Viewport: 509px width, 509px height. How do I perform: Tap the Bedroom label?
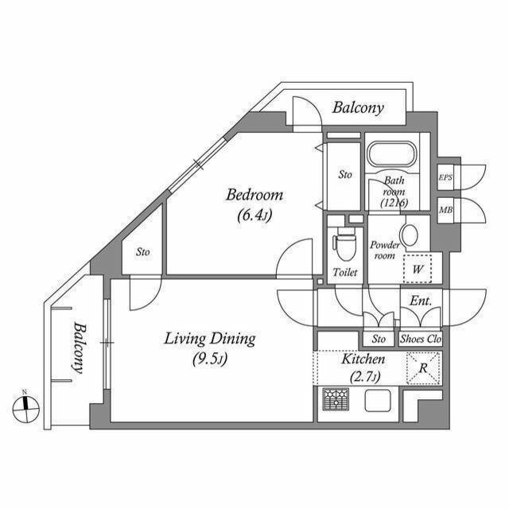[x=254, y=195]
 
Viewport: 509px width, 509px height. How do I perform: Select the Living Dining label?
[x=210, y=340]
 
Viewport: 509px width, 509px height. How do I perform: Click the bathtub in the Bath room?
[x=393, y=154]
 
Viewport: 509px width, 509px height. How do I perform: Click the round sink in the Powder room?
[x=409, y=235]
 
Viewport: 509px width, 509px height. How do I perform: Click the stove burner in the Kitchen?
[x=334, y=399]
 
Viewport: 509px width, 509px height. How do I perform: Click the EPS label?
[x=445, y=177]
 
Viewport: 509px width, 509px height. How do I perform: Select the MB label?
[x=445, y=210]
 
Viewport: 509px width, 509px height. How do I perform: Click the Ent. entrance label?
[x=420, y=301]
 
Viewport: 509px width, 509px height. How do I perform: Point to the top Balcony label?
[x=358, y=107]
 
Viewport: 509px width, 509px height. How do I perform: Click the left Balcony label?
[x=79, y=348]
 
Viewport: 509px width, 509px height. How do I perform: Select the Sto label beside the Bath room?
[x=345, y=173]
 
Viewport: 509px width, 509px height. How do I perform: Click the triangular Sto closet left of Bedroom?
[x=143, y=252]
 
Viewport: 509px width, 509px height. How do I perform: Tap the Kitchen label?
[x=363, y=360]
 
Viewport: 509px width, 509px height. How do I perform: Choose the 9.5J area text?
[x=210, y=359]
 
